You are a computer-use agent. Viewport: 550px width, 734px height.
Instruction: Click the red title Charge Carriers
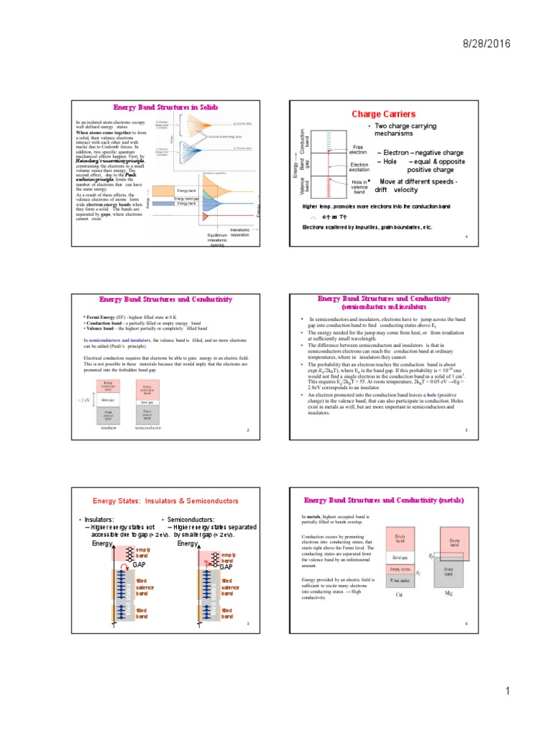point(383,114)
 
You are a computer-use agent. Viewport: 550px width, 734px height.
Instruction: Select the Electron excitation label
point(360,168)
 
